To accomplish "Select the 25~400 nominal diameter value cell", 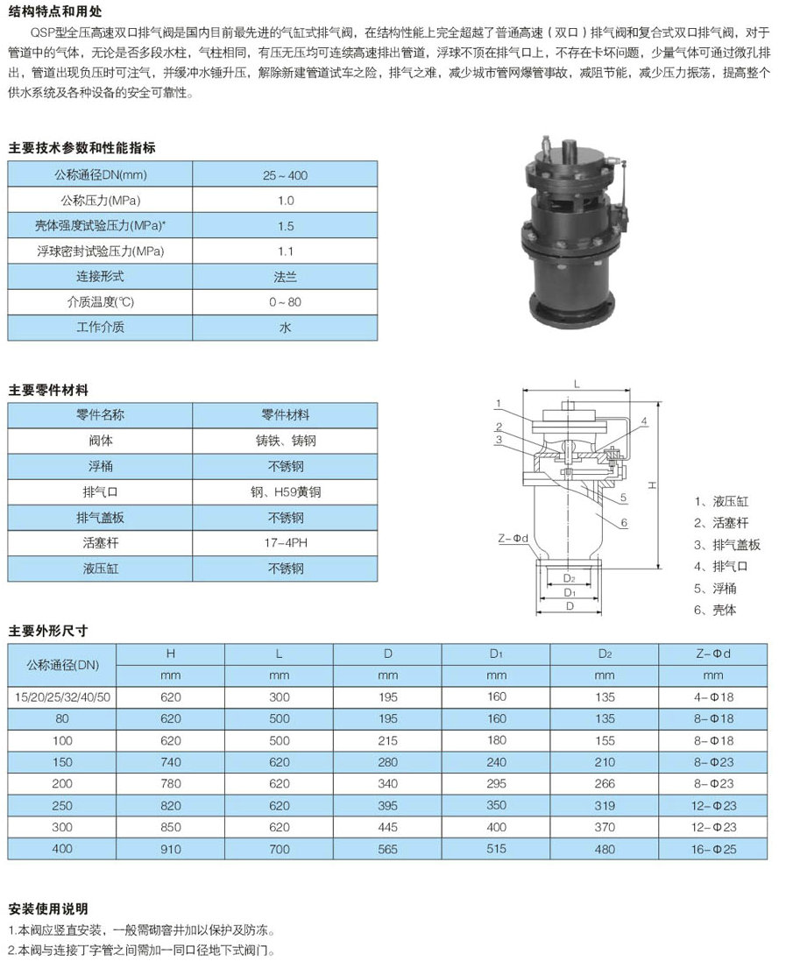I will (285, 175).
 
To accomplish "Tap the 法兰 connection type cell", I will (285, 277).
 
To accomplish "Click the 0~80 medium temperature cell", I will (285, 302).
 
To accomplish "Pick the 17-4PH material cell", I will (285, 543).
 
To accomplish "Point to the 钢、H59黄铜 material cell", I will (285, 492).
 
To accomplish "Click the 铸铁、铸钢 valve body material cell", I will (285, 441).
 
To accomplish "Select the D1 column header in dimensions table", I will (496, 654).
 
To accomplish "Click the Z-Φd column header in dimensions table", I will (712, 654).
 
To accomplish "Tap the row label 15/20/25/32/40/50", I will (62, 696).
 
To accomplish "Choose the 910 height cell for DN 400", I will (171, 849).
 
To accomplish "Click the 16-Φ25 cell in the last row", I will (712, 849).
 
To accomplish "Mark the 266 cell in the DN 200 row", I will (604, 783).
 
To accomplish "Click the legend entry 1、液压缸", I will (721, 502).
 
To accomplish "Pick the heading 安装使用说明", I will (48, 908).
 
